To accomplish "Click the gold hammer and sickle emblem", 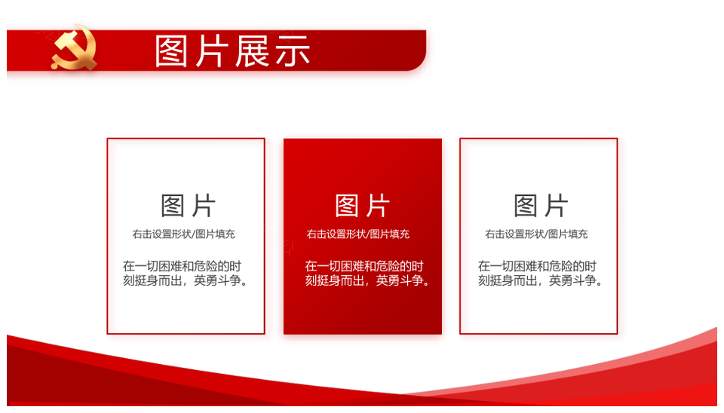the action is coord(75,47).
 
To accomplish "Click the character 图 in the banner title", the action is coord(172,51).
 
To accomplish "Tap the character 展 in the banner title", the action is coord(252,51).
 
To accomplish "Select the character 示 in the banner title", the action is coord(293,51).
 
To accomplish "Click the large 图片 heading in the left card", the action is coord(188,206).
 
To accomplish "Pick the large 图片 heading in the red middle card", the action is coord(362,206).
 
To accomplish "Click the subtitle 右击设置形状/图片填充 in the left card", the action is coord(184,234).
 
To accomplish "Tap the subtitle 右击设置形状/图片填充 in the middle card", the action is coord(357,234).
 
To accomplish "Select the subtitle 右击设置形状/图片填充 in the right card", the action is coord(536,234).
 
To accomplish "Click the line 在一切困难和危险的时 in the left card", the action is coord(182,266).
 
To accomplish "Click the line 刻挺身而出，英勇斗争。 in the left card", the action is coord(185,280).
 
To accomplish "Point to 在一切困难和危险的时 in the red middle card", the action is coord(364,266).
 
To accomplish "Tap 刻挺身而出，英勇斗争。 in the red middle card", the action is coord(367,280).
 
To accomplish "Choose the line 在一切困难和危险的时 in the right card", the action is coord(537,266).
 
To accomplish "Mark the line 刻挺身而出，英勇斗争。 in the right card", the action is coord(540,280).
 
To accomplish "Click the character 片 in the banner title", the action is coord(212,51).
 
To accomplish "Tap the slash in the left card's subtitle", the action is coord(194,234).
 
